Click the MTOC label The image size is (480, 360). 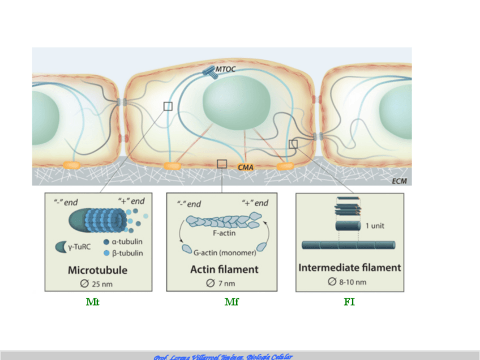tap(225, 70)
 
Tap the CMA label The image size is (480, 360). tap(245, 167)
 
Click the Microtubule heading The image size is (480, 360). tap(97, 270)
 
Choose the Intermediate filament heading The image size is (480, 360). tap(350, 267)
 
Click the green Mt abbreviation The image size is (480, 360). tap(93, 302)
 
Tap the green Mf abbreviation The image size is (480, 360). tap(232, 302)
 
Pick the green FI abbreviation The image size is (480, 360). tap(349, 302)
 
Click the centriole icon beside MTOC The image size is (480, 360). tap(211, 72)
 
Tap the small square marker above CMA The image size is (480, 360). tap(222, 164)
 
